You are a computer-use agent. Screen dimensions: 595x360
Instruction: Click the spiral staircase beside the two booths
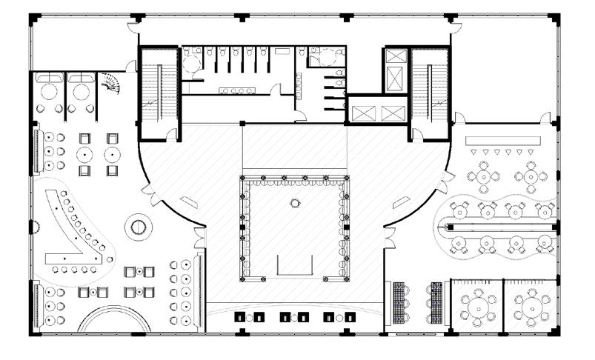coord(110,81)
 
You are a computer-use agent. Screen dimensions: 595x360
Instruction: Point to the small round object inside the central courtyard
coord(294,201)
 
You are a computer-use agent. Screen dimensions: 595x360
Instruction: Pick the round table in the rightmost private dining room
coord(531,305)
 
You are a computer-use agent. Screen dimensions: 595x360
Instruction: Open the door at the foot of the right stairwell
coord(416,134)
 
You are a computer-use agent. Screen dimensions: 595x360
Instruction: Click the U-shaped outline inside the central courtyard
coord(295,264)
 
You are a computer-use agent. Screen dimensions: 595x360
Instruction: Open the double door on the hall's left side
coord(197,236)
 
